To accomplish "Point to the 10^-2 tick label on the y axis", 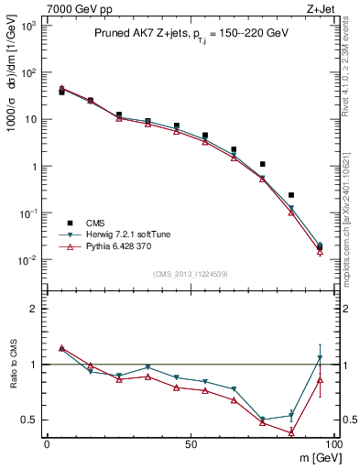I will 27,260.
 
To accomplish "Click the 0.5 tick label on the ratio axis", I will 31,420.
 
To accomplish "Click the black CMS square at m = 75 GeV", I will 262,164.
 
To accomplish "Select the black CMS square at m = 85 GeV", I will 291,195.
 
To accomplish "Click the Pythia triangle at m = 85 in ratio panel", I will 291,431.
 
